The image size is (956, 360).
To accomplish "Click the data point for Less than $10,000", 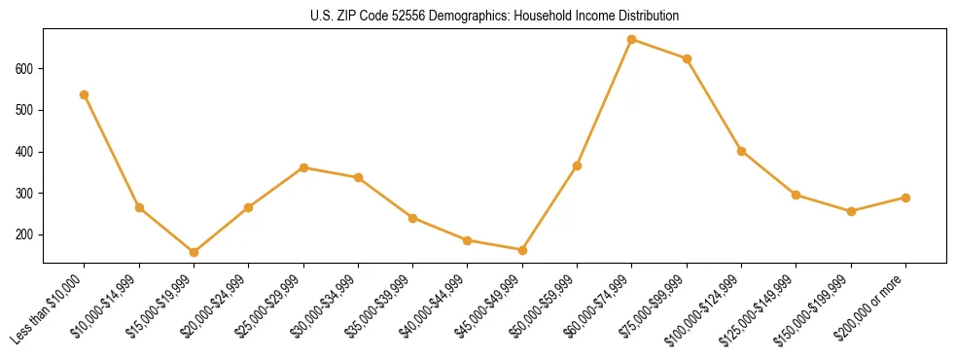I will coord(85,94).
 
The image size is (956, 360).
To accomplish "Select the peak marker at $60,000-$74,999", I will coord(632,40).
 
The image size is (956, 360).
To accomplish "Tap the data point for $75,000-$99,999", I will coord(687,58).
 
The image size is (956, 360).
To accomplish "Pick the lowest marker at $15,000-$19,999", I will coord(194,252).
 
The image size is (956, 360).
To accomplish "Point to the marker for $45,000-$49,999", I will coord(522,250).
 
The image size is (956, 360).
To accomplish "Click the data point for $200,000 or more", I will coord(905,198).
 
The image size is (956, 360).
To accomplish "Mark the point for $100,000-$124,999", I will coord(741,151).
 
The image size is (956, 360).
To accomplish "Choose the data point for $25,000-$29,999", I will coord(303,167).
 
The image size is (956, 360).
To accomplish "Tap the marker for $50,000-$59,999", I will coord(577,165).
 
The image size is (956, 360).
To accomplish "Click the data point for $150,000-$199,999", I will coord(851,211).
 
